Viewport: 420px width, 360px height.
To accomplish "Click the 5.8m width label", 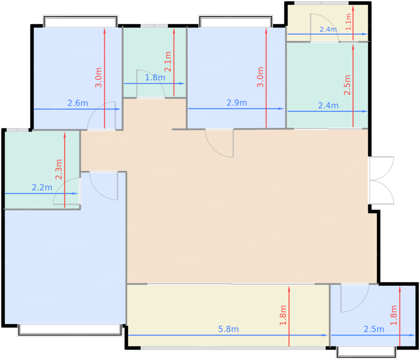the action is (x=228, y=329).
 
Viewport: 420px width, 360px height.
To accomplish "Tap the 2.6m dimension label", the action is (x=78, y=103).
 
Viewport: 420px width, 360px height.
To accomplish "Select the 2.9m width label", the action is (x=237, y=103).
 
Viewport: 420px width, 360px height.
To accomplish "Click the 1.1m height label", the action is (x=348, y=22).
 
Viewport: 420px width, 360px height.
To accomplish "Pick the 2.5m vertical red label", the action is (x=347, y=85).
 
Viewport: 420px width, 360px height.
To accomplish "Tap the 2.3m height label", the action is (x=59, y=169).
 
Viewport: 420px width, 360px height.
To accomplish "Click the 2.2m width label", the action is (x=42, y=187).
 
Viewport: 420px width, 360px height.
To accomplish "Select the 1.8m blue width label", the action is (x=155, y=77).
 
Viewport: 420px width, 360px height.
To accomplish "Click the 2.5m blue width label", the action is (x=374, y=329).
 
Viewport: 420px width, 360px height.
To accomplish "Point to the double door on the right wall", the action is (x=381, y=180).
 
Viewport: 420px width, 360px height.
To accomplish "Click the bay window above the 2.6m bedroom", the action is (x=80, y=21).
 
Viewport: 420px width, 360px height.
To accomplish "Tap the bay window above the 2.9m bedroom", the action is (x=235, y=21).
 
